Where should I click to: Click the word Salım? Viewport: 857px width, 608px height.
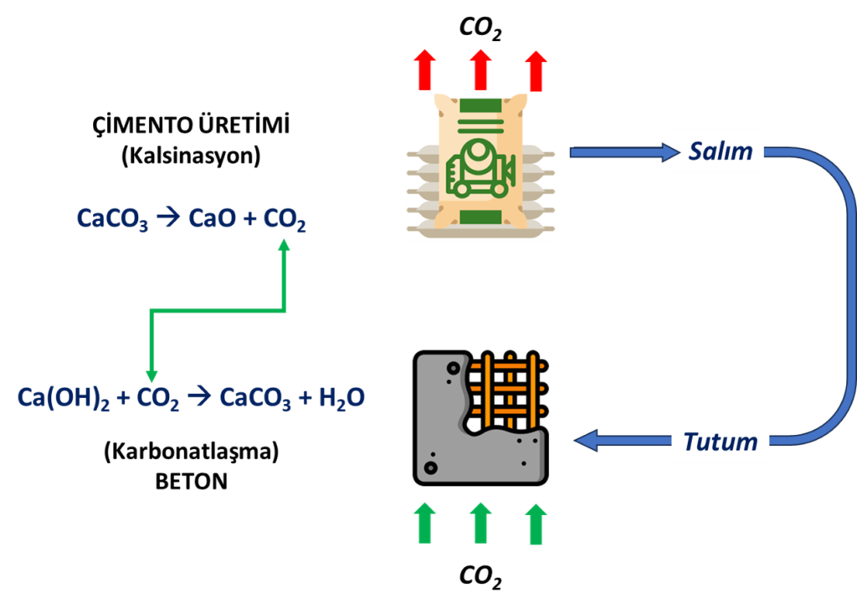point(721,151)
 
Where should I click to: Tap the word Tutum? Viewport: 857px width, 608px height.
point(721,442)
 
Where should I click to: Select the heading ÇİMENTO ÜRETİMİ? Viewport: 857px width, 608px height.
point(191,125)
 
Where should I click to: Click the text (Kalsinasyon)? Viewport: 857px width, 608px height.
point(191,156)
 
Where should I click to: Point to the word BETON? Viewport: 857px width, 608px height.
point(192,481)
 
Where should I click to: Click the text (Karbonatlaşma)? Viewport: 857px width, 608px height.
point(192,452)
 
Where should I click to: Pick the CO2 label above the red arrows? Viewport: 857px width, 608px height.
point(480,28)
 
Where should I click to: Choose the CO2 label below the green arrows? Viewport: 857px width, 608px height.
point(480,576)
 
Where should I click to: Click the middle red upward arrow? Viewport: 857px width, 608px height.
point(480,70)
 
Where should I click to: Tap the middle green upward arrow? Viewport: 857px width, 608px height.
point(480,524)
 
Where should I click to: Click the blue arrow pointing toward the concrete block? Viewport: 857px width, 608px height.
point(623,440)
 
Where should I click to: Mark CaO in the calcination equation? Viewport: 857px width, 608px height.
point(212,218)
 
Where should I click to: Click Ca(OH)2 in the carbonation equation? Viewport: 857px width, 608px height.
point(64,398)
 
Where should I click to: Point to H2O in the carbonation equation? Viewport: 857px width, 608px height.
point(341,398)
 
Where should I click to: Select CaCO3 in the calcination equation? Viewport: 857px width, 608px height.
point(112,218)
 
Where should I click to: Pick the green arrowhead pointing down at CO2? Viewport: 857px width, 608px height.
point(151,376)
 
